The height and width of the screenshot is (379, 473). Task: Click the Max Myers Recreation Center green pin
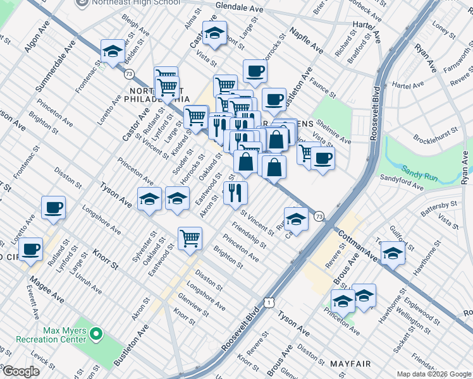click(x=96, y=333)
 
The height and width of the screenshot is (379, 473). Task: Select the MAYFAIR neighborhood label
click(x=349, y=364)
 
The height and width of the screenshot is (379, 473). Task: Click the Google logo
click(x=20, y=371)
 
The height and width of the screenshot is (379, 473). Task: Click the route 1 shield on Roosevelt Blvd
click(x=270, y=304)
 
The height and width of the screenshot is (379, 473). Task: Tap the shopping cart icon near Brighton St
click(x=190, y=238)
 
